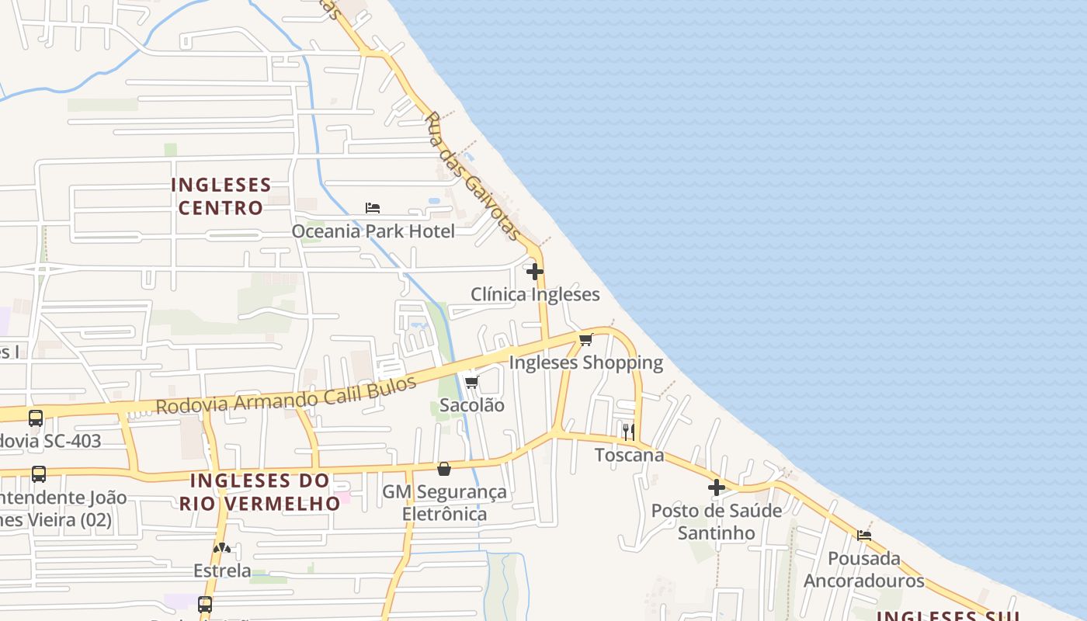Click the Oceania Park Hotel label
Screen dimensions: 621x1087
[x=373, y=231]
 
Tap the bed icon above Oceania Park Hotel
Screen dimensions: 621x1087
[x=373, y=208]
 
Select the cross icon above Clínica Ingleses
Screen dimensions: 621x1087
[x=535, y=272]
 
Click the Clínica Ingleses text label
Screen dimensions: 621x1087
[x=535, y=294]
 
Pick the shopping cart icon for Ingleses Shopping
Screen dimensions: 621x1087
[x=586, y=339]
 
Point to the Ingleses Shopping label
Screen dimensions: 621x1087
[x=586, y=363]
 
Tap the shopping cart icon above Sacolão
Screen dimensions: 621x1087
[x=471, y=382]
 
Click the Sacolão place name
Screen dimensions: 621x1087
[x=471, y=405]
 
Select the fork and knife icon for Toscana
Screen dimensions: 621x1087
[x=629, y=432]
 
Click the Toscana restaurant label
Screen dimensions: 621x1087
[x=629, y=455]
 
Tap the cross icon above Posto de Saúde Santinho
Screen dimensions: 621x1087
[x=716, y=487]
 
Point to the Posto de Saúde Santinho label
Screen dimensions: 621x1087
[x=716, y=522]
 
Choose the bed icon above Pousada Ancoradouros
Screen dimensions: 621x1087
[x=863, y=535]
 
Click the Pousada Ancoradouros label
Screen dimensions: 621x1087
[x=863, y=569]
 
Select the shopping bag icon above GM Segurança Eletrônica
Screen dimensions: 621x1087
[x=444, y=469]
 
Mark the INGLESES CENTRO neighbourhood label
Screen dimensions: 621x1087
[x=221, y=196]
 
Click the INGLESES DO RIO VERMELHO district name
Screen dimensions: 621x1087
[x=259, y=491]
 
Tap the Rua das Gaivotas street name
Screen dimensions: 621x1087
[x=472, y=176]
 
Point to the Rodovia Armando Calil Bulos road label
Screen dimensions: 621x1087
[x=286, y=395]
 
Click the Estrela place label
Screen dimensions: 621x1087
[x=222, y=571]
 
